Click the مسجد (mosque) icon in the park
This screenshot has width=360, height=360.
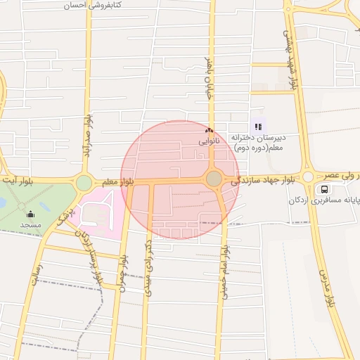(x=30, y=214)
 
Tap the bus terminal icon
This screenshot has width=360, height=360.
(x=324, y=189)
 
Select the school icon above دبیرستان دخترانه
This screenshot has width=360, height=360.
(x=259, y=127)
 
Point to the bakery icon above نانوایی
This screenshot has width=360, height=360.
(x=208, y=130)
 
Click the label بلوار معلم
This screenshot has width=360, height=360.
(x=118, y=182)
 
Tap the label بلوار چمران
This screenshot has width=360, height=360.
(x=123, y=271)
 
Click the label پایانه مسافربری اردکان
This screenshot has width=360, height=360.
(x=324, y=201)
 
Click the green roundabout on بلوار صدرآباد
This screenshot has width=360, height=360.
(x=84, y=183)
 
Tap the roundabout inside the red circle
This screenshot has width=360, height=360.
(x=214, y=179)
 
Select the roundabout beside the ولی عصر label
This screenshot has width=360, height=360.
(x=307, y=176)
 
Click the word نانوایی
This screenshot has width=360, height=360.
(x=209, y=141)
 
